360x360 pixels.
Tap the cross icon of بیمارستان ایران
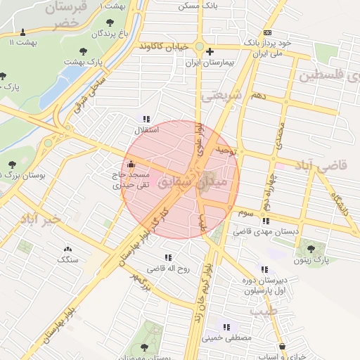pos(210,51)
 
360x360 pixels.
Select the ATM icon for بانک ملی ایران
pos(266,32)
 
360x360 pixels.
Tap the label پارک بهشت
pos(84,62)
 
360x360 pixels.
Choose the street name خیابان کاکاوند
pos(164,46)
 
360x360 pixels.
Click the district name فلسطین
pos(330,75)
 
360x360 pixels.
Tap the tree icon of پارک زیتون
pos(311,249)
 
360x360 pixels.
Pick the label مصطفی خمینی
pos(226,338)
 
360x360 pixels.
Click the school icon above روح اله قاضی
pos(167,258)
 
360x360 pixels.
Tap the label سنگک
pos(67,259)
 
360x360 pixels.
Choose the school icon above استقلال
pos(146,120)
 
